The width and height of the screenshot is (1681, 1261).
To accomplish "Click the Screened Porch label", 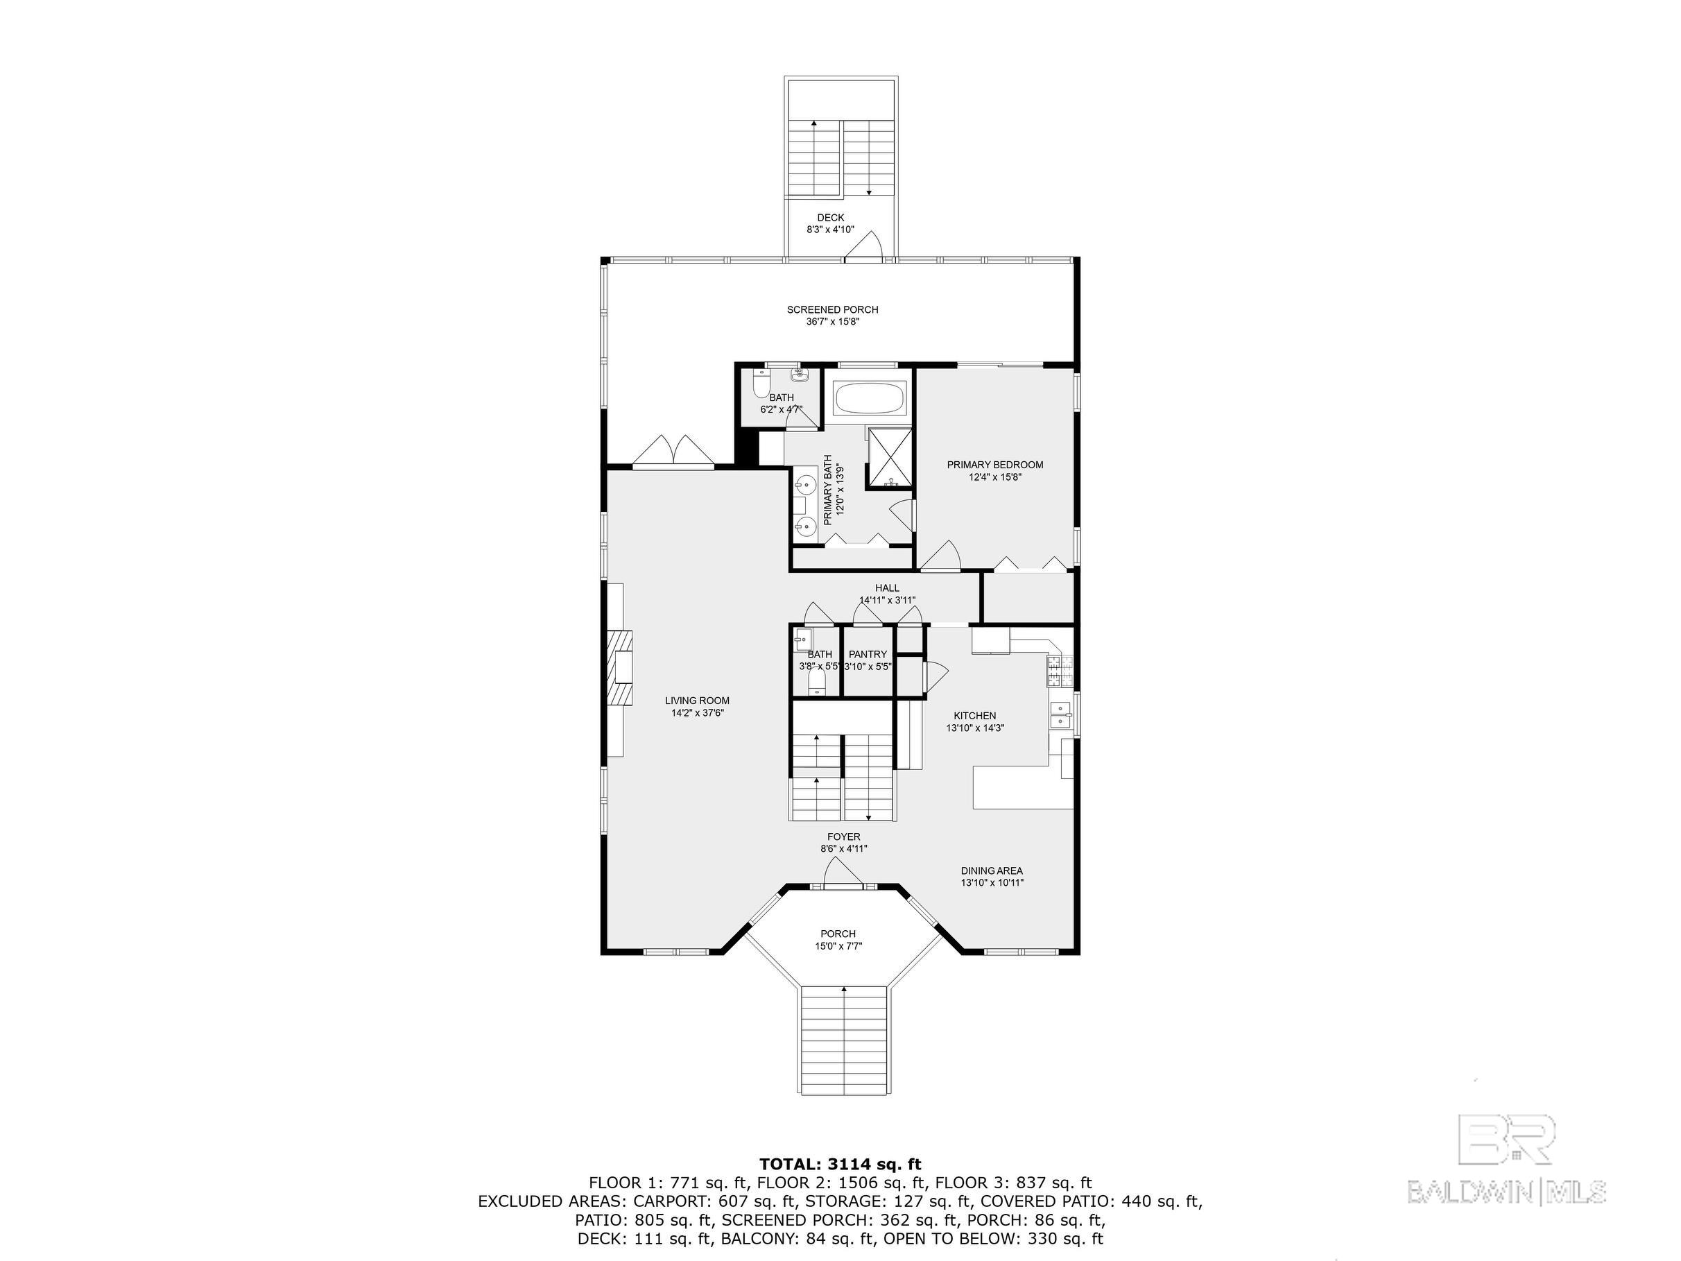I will (832, 309).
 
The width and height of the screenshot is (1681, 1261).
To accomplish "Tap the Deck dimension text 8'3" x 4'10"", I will (830, 229).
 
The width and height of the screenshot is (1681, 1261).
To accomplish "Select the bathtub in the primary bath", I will (870, 397).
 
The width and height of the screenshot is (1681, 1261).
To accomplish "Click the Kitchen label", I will (974, 715).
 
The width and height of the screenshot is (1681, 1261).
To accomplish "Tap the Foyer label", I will (843, 837).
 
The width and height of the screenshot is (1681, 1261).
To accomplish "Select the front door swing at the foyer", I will (842, 873).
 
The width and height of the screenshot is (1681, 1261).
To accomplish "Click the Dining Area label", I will (992, 871).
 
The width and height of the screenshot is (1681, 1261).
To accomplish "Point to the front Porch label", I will (838, 934).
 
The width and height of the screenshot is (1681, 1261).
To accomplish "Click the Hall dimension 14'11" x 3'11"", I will (887, 600).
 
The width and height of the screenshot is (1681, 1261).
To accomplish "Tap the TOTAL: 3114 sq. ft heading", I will (840, 1164).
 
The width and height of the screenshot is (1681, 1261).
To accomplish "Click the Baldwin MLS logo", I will (1506, 1172).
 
